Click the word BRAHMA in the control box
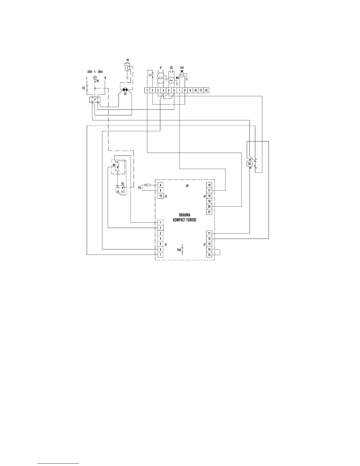click(x=185, y=215)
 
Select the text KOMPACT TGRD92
click(x=185, y=220)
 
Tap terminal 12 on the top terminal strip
click(x=206, y=90)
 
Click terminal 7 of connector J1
click(x=160, y=255)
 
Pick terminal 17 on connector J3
click(x=209, y=191)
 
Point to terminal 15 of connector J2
click(x=209, y=255)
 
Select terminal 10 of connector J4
click(x=160, y=196)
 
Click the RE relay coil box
click(x=249, y=164)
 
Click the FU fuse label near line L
click(x=84, y=88)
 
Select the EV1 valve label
click(x=182, y=68)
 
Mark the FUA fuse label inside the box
click(x=179, y=250)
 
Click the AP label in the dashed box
click(x=187, y=186)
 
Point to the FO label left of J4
click(x=140, y=187)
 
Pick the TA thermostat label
click(x=122, y=184)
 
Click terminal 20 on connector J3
click(x=209, y=207)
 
